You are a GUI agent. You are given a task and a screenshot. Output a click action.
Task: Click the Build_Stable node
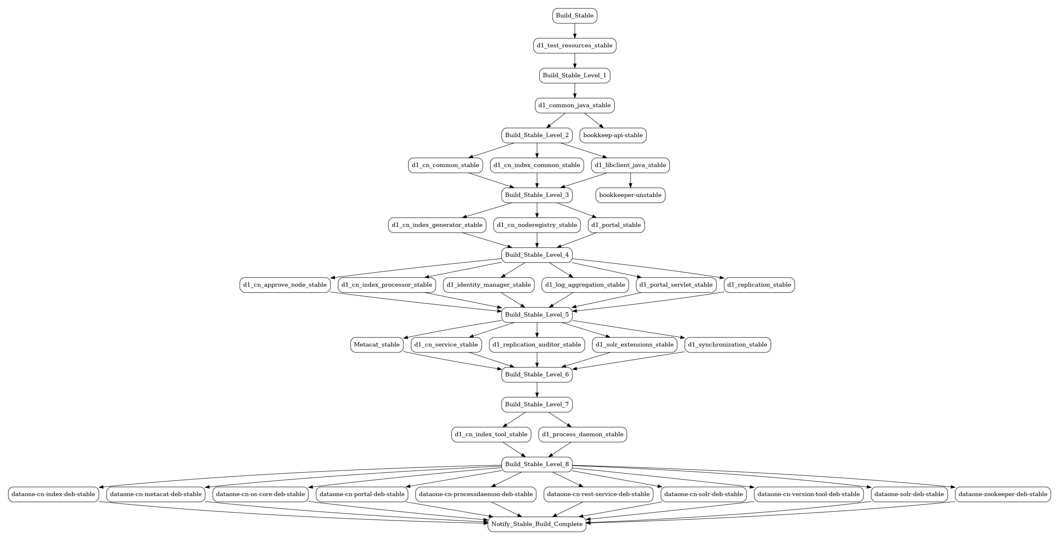coord(574,16)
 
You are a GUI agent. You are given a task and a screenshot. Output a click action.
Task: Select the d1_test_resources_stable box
coord(574,45)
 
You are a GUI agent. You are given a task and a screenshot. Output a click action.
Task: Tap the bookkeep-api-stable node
coord(613,135)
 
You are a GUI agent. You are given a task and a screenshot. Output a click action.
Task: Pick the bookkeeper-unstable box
coord(630,195)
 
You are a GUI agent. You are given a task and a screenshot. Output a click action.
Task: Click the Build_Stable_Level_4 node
coord(537,255)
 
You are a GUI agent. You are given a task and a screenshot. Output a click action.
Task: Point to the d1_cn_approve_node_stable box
coord(285,285)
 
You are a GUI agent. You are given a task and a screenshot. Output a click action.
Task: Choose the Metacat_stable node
coord(376,345)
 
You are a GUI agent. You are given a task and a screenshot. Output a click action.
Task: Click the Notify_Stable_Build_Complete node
coord(537,524)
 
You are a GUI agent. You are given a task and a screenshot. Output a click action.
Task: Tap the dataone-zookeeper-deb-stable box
coord(1003,494)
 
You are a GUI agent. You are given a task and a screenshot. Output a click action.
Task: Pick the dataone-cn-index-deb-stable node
coord(53,494)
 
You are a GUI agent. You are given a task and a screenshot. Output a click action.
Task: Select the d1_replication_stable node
coord(759,285)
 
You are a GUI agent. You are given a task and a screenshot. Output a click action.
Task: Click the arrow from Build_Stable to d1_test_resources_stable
coord(574,31)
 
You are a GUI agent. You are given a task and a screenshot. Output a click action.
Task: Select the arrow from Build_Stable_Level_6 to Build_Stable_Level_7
coord(537,389)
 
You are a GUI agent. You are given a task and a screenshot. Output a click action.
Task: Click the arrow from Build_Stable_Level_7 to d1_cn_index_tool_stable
coord(514,420)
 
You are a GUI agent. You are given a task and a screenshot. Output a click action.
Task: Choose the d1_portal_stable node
coord(616,225)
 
